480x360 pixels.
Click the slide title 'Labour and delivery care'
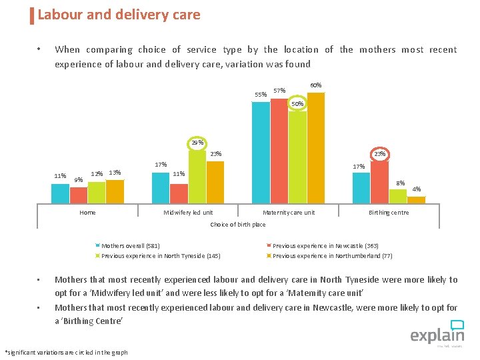pos(119,15)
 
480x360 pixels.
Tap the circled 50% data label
pos(297,104)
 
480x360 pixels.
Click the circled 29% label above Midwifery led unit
pos(197,143)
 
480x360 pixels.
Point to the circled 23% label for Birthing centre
pos(380,154)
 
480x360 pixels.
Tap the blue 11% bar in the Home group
pos(60,193)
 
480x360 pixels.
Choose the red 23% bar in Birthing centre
pos(380,181)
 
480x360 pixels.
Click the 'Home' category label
pos(87,213)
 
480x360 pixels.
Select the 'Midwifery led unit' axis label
pos(189,213)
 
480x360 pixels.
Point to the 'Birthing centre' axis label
pos(389,213)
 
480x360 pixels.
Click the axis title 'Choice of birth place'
pos(238,225)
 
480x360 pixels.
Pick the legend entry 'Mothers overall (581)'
pos(130,246)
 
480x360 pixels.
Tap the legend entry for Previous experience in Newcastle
pos(325,246)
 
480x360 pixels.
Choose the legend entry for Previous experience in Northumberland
pos(332,256)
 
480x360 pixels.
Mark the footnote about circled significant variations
pos(66,352)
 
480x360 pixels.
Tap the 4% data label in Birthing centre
pos(417,189)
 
